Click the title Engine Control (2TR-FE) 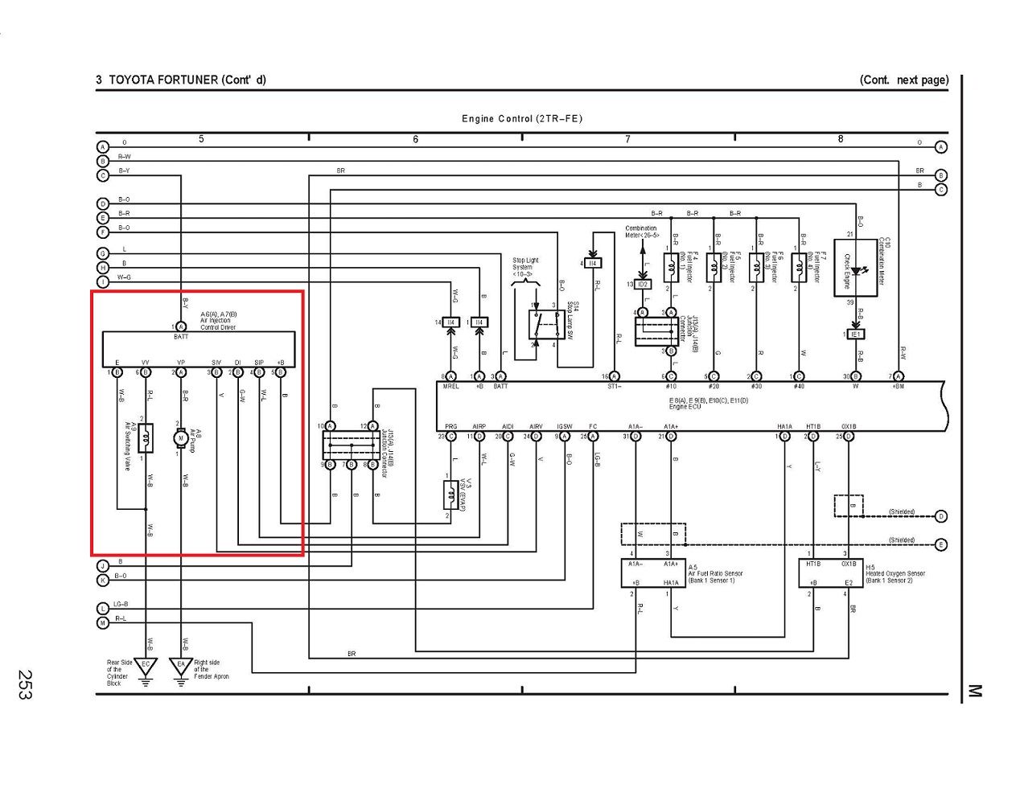pos(521,119)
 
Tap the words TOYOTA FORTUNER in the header pos(163,80)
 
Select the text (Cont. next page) pos(903,80)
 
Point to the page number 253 pos(24,684)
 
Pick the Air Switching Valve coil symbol pos(146,438)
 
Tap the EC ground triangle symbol pos(146,667)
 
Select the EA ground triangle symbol pos(181,667)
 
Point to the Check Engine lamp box pos(860,267)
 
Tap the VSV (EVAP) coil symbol pos(450,494)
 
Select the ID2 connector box pos(642,285)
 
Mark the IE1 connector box pos(856,334)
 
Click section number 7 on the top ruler pos(628,139)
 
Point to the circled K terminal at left pos(103,580)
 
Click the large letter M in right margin pos(975,691)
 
